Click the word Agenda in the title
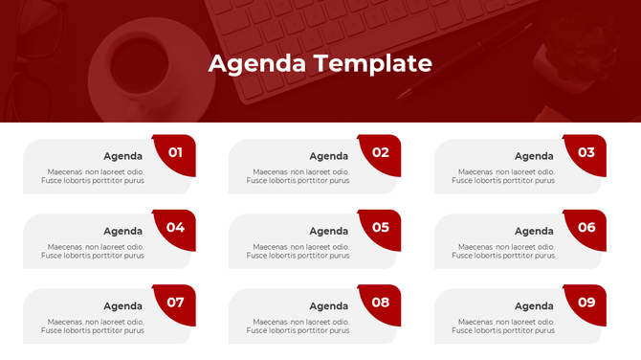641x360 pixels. tap(253, 64)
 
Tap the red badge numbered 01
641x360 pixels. tap(176, 153)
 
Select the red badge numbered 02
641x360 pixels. tap(381, 153)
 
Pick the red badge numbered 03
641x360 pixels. tap(586, 153)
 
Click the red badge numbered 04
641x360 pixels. tap(176, 228)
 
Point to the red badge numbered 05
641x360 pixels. tap(381, 228)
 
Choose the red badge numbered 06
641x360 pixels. tap(586, 228)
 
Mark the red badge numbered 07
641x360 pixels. tap(176, 303)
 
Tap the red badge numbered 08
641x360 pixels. tap(381, 303)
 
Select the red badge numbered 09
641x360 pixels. tap(586, 303)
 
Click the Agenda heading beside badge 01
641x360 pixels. tap(122, 156)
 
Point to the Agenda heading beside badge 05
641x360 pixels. tap(328, 231)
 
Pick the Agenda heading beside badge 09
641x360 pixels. tap(534, 306)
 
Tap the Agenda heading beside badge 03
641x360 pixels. tap(534, 156)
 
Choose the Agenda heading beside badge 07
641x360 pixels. tap(122, 306)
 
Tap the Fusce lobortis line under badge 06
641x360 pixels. tap(503, 256)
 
